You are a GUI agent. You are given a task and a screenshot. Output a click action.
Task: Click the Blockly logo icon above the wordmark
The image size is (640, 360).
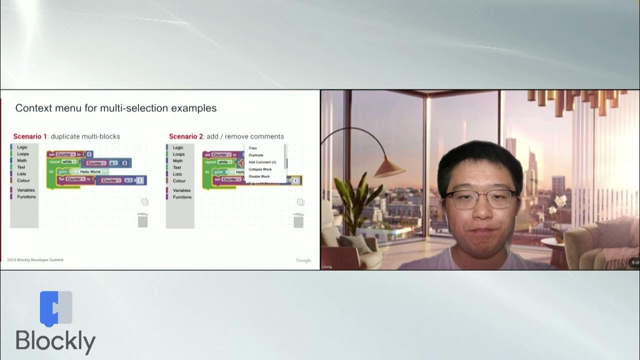56,309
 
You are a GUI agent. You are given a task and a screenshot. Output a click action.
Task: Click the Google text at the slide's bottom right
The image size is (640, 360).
303,260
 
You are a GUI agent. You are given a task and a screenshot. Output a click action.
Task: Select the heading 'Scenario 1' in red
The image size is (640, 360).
30,136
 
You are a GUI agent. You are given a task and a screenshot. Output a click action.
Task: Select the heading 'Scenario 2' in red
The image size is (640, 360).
186,136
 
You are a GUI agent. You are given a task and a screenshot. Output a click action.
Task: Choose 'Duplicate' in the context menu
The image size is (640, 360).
256,155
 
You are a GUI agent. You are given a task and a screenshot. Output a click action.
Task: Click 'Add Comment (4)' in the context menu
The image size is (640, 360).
262,162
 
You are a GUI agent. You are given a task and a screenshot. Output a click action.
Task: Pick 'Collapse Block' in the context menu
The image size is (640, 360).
260,169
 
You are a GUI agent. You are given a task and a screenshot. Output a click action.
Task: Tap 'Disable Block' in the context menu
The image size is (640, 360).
259,176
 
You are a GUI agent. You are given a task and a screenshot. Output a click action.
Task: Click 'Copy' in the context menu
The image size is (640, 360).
252,148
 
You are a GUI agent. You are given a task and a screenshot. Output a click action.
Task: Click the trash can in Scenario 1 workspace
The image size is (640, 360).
142,220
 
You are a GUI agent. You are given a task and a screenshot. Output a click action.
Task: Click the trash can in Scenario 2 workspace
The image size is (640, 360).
298,220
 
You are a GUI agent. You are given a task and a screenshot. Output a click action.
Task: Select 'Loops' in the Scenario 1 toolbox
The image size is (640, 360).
23,154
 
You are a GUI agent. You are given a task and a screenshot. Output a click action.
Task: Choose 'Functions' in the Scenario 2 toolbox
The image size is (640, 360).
182,197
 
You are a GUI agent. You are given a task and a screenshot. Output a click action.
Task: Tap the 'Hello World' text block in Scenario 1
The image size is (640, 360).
90,171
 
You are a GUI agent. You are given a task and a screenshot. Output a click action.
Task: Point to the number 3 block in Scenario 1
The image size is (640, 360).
124,163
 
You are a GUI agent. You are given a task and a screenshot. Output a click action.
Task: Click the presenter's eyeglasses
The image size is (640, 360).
480,199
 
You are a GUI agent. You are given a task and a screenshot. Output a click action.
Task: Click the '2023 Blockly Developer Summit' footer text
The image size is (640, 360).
35,260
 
